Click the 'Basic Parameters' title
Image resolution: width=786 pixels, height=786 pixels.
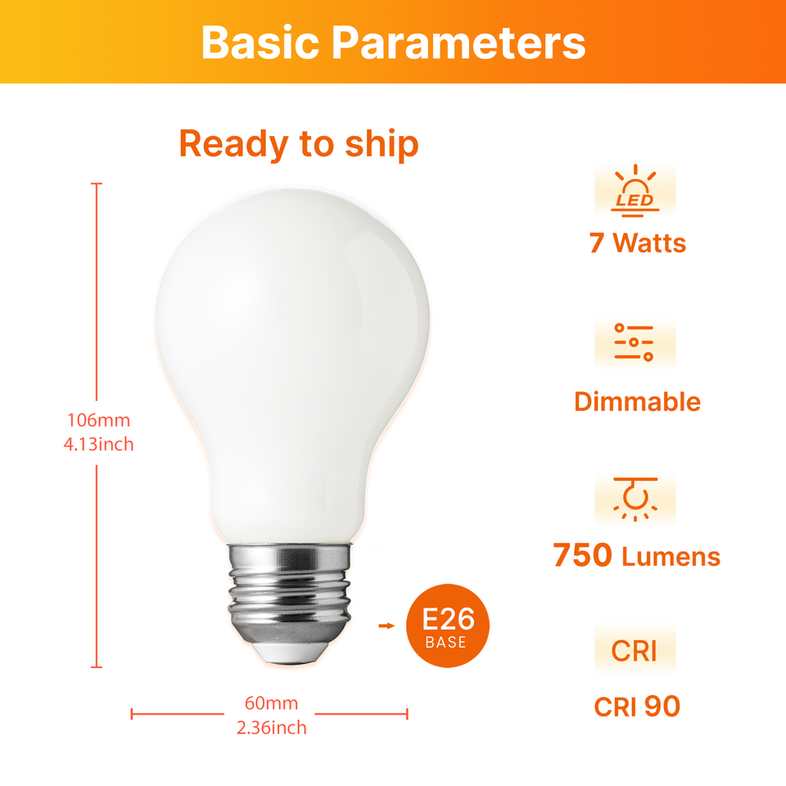[393, 43]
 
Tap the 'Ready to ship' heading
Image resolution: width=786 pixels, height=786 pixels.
[299, 144]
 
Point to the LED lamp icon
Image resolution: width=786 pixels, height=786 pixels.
[635, 191]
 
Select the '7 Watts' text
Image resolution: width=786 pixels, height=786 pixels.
[637, 243]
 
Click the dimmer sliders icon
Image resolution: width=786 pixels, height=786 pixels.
[634, 342]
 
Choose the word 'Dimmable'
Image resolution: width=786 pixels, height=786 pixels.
[637, 401]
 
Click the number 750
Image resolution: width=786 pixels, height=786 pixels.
[582, 555]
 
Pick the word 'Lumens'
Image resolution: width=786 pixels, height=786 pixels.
[671, 557]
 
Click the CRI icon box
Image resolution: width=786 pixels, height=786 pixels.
[635, 650]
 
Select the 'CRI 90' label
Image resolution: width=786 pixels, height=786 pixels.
[637, 707]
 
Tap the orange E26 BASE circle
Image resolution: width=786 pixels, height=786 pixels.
[448, 626]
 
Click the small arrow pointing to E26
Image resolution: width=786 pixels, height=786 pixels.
[386, 626]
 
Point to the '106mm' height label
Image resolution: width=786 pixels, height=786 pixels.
[99, 420]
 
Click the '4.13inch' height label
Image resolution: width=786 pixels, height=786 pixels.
[99, 444]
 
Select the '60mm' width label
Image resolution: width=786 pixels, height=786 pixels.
[271, 703]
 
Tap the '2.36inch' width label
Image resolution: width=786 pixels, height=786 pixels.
[271, 727]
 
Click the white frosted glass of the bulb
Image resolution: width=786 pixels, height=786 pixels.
[293, 351]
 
